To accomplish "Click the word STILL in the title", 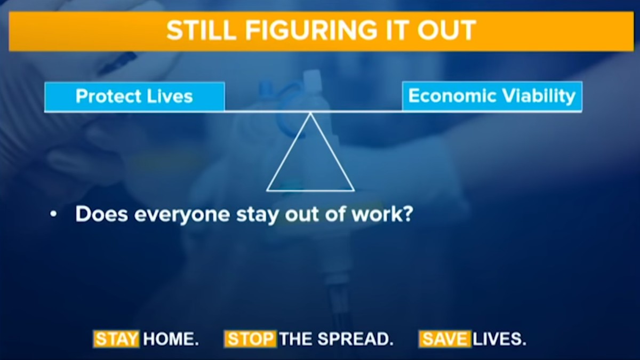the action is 202,30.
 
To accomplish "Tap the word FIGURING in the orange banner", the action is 311,30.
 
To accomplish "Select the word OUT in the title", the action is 446,30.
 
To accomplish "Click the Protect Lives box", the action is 134,97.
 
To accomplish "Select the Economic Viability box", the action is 492,96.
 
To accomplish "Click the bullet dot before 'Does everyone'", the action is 53,214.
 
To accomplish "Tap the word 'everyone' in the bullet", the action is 182,215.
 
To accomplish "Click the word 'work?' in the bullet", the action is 382,214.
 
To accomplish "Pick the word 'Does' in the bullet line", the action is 101,214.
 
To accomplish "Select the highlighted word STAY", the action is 116,339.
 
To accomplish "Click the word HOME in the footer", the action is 171,339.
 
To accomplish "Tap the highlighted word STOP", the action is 251,339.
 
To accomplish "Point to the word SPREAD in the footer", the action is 355,339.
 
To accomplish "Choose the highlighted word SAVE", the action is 445,339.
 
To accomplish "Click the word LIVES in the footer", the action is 499,339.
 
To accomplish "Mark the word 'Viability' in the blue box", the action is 539,97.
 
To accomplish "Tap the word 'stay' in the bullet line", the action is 257,215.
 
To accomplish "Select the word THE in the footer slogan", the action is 297,339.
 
